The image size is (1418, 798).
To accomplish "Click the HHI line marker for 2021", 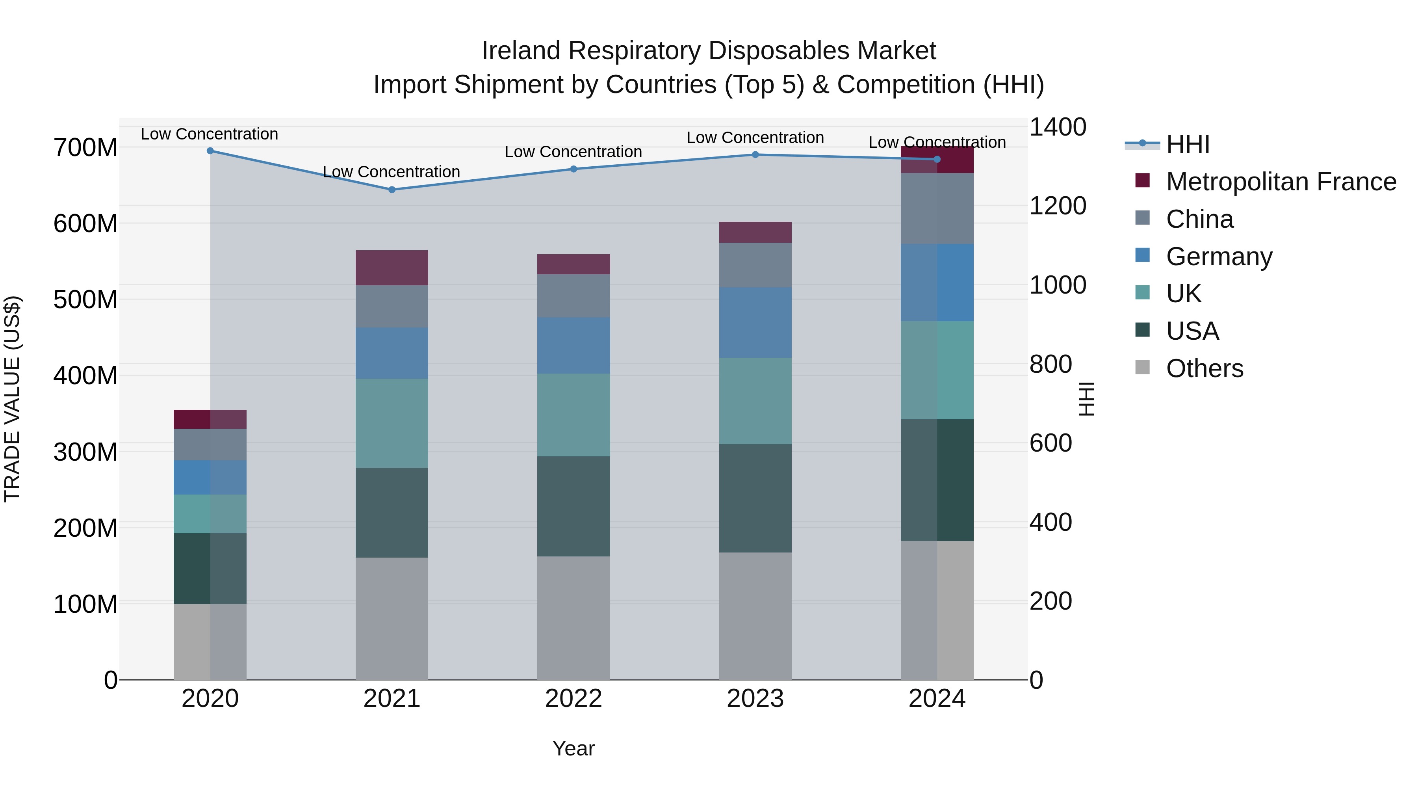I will click(x=392, y=190).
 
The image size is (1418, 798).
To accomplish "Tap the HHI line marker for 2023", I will click(x=755, y=155).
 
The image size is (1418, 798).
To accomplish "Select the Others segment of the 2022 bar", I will click(x=574, y=618).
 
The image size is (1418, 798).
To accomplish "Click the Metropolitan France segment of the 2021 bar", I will click(x=392, y=268).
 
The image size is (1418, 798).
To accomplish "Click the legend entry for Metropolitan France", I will click(x=1281, y=182).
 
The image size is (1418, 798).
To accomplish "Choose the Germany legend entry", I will click(x=1219, y=257).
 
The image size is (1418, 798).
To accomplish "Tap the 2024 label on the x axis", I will click(x=937, y=699).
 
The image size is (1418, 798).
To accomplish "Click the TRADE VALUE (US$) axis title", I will click(x=12, y=399).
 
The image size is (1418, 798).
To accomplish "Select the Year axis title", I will click(x=574, y=748).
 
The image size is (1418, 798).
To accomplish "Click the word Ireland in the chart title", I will click(x=521, y=51).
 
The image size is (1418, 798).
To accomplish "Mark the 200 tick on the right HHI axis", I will click(x=1050, y=601).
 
